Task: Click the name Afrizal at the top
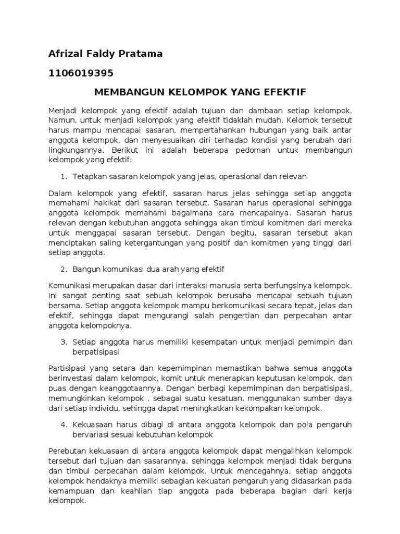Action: (65, 54)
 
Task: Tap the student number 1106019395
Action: (81, 72)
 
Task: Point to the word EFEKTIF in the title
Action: (286, 92)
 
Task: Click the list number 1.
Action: (63, 176)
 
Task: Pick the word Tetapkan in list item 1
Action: (89, 176)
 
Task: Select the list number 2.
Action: (63, 269)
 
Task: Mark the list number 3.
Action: (63, 342)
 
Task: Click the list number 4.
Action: (63, 424)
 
